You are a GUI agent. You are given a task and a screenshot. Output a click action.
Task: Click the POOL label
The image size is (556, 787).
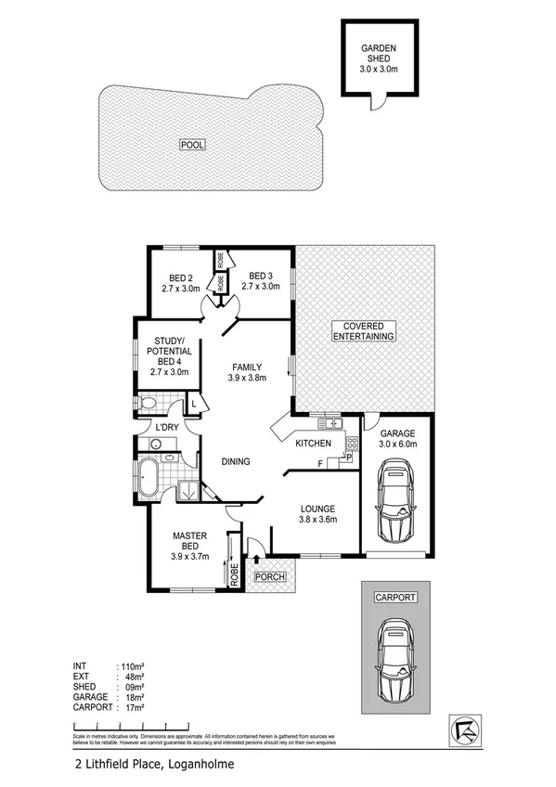193,145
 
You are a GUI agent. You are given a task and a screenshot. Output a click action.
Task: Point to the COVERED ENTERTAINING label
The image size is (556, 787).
364,330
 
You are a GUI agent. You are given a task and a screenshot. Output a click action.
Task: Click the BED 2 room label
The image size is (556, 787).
181,282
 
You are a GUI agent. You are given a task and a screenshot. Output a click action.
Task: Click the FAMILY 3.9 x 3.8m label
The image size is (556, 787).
248,371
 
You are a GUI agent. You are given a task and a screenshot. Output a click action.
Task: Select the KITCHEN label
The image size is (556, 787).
313,445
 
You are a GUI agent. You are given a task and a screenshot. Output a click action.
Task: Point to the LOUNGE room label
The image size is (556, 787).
316,513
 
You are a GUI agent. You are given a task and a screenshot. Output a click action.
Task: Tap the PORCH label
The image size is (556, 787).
271,577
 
